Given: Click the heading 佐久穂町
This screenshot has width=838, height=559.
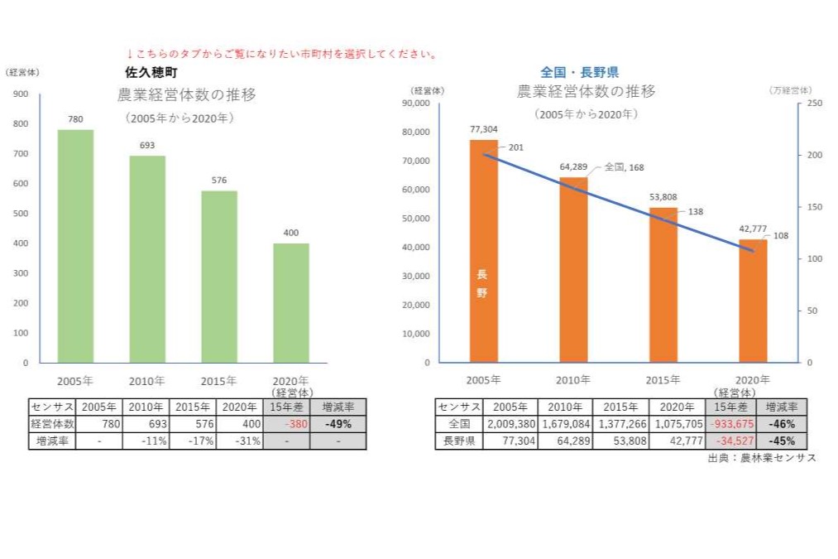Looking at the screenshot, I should [x=151, y=73].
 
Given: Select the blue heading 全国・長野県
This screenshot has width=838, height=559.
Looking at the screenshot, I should [x=579, y=73].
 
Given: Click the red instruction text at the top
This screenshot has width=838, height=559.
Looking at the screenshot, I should [x=281, y=54].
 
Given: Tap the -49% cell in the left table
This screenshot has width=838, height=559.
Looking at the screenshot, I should [x=338, y=424].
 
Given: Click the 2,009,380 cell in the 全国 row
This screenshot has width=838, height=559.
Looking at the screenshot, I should [x=511, y=424].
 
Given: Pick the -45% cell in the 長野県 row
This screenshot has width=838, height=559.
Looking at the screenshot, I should [x=782, y=441].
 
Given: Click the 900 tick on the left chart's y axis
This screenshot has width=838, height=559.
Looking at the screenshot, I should [x=21, y=94].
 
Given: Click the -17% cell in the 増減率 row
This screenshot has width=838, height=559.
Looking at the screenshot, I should [x=193, y=441].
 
